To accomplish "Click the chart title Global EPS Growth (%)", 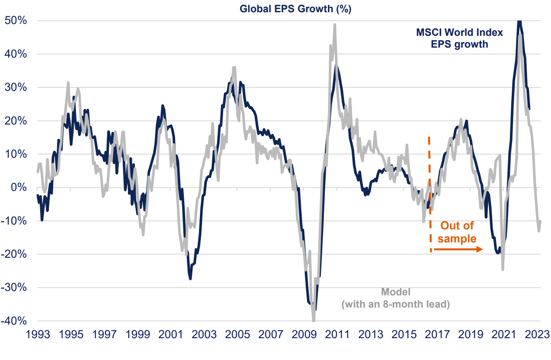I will point(296,9).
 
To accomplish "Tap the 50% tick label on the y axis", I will point(16,21).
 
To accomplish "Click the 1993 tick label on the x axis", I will point(38,335).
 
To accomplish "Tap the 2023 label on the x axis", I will point(536,335).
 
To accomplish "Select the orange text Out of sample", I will point(457,232).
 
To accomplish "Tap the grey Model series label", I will point(396,292).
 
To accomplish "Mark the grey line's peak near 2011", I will point(334,25).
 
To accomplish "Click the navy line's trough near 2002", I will point(190,278).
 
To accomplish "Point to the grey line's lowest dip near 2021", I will point(503,269).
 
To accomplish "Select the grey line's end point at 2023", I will point(541,221).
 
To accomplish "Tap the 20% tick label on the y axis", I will point(16,121).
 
